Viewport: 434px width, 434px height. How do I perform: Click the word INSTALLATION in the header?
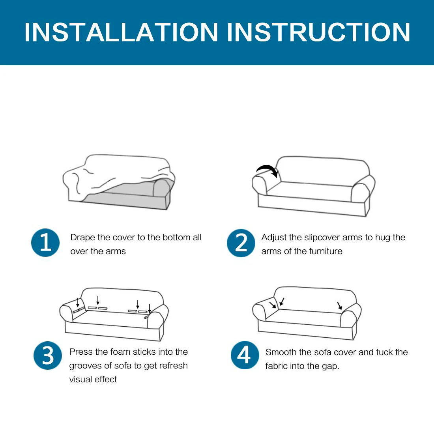coord(121,32)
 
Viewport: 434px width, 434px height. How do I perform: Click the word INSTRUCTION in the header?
coord(318,32)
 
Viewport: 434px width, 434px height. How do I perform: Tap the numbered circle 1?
coord(45,243)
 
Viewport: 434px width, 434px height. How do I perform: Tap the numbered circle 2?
coord(241,243)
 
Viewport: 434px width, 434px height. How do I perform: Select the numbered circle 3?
coord(48,355)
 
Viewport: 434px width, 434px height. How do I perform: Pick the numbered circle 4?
coord(245,355)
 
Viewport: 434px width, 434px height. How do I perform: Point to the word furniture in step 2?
coord(326,251)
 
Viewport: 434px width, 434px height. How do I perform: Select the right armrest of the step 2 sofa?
coord(362,191)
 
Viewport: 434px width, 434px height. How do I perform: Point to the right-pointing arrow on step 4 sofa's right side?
coord(340,305)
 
